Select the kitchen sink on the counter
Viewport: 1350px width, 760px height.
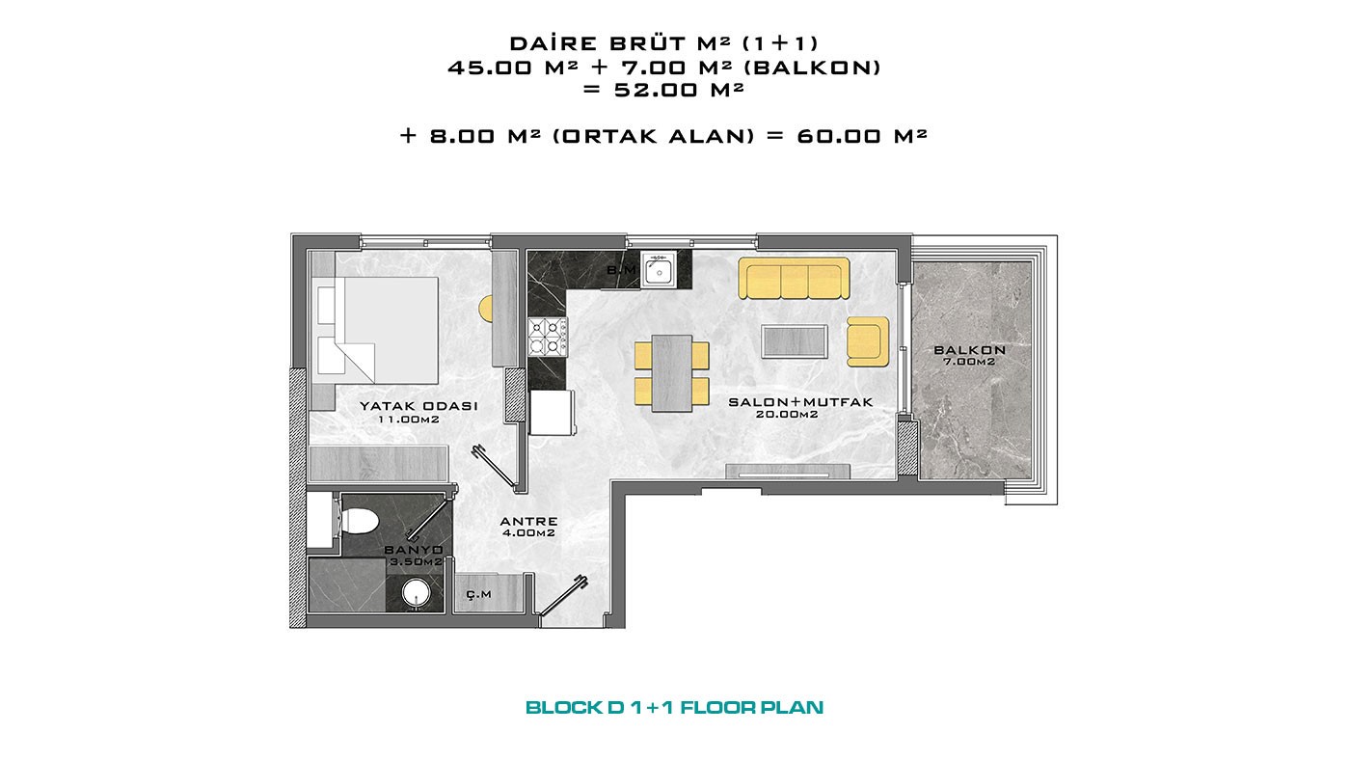[659, 269]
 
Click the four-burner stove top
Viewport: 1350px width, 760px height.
[548, 337]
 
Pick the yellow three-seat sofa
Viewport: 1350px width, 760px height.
[794, 279]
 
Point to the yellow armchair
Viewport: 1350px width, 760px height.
[868, 341]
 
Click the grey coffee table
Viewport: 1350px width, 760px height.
[794, 341]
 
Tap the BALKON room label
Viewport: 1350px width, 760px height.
[969, 349]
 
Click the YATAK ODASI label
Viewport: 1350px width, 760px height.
[418, 406]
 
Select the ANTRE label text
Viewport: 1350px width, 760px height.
[528, 522]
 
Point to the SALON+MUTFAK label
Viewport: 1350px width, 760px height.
[800, 402]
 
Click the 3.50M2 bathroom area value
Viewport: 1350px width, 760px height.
[416, 561]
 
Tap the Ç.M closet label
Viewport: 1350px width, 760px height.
[479, 594]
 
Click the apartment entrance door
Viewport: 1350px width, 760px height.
[562, 596]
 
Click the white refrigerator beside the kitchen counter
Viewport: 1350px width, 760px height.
[552, 412]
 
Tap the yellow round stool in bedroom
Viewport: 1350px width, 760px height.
[486, 310]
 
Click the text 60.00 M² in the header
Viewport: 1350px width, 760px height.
[862, 136]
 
